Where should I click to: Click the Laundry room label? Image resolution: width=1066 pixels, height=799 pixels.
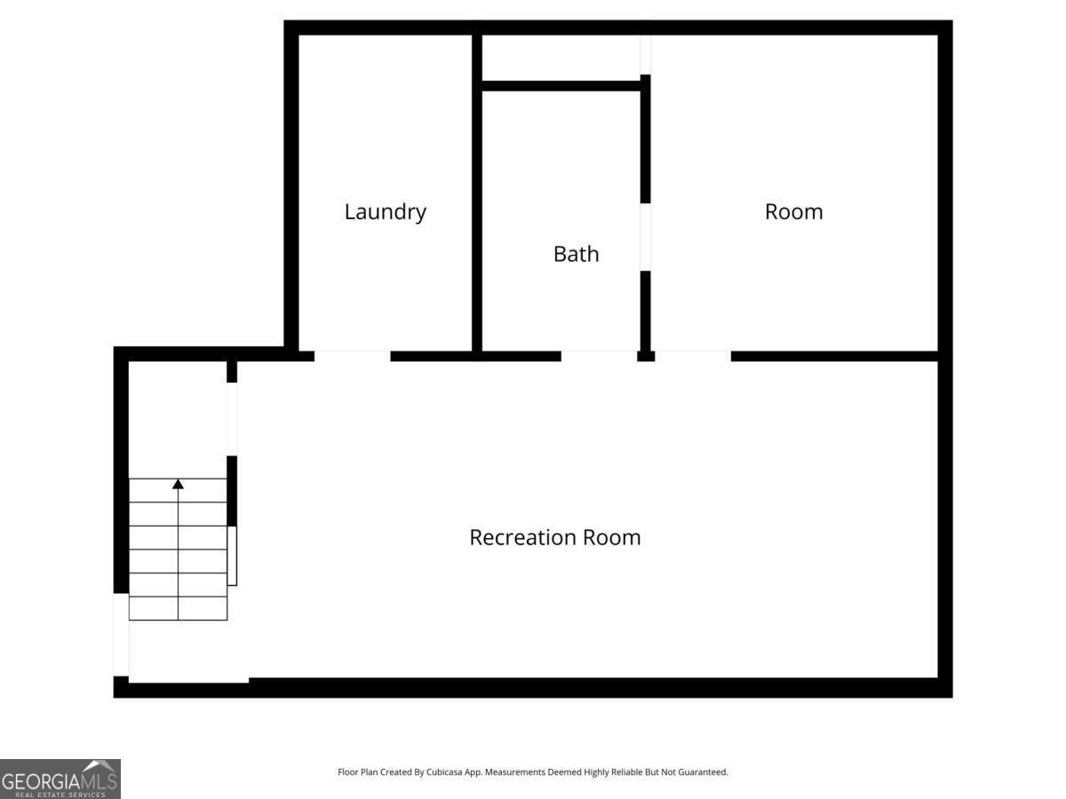click(x=386, y=212)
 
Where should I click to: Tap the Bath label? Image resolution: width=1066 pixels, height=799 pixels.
click(x=576, y=254)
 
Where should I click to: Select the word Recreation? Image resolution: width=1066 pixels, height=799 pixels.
click(x=522, y=537)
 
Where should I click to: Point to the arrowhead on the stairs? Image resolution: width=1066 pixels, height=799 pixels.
click(x=179, y=484)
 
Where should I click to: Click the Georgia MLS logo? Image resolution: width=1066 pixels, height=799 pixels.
click(x=60, y=779)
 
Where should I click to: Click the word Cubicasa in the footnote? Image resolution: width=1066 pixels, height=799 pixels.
click(x=444, y=771)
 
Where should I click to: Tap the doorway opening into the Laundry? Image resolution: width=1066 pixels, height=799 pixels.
click(x=353, y=356)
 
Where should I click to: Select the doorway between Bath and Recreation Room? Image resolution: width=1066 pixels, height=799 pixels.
click(x=600, y=356)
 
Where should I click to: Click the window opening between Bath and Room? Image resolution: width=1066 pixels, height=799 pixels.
click(x=646, y=237)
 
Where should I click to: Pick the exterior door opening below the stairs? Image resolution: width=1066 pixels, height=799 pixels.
click(x=121, y=635)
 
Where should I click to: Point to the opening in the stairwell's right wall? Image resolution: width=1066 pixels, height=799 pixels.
click(x=232, y=419)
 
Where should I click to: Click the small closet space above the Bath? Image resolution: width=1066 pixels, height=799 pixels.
click(x=561, y=57)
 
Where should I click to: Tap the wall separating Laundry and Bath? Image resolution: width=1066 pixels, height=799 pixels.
click(x=477, y=193)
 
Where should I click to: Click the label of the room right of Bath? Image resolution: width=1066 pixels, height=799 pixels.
click(x=794, y=212)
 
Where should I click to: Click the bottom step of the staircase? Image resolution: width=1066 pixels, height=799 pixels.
click(x=179, y=608)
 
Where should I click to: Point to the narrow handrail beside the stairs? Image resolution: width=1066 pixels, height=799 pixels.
click(x=232, y=556)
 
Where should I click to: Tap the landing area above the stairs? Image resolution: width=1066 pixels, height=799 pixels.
click(x=178, y=420)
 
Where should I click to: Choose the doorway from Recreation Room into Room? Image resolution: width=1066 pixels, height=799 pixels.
click(x=693, y=356)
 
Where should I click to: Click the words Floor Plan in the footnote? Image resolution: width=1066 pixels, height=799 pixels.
click(x=357, y=771)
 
